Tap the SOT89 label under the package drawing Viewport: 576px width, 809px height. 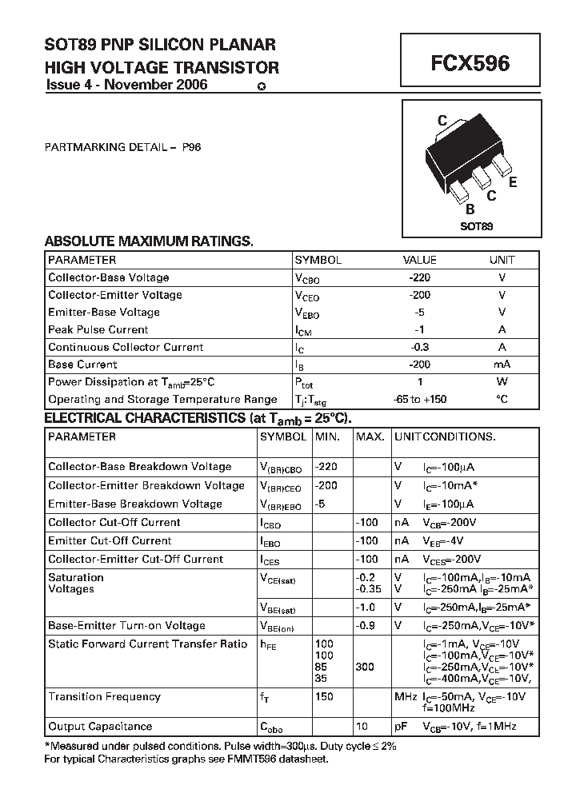[x=476, y=226]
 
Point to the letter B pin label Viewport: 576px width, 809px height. [x=470, y=209]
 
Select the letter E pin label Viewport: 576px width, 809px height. [x=513, y=181]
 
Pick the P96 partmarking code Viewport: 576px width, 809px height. [x=191, y=147]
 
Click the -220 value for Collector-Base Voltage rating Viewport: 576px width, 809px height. [x=419, y=277]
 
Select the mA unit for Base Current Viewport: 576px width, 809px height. [x=502, y=365]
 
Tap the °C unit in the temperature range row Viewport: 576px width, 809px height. [x=502, y=399]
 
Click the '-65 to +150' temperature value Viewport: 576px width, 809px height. [x=419, y=399]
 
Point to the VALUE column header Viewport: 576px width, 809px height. [x=419, y=260]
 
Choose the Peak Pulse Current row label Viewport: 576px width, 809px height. [x=98, y=329]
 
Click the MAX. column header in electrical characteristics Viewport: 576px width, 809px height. [x=370, y=436]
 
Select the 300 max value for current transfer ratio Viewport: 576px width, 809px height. [x=365, y=667]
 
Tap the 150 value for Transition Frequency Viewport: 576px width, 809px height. [x=324, y=697]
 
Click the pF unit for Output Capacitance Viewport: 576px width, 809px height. [x=401, y=727]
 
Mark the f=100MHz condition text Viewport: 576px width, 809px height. [x=450, y=708]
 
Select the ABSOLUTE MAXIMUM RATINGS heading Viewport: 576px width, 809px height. [x=149, y=241]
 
